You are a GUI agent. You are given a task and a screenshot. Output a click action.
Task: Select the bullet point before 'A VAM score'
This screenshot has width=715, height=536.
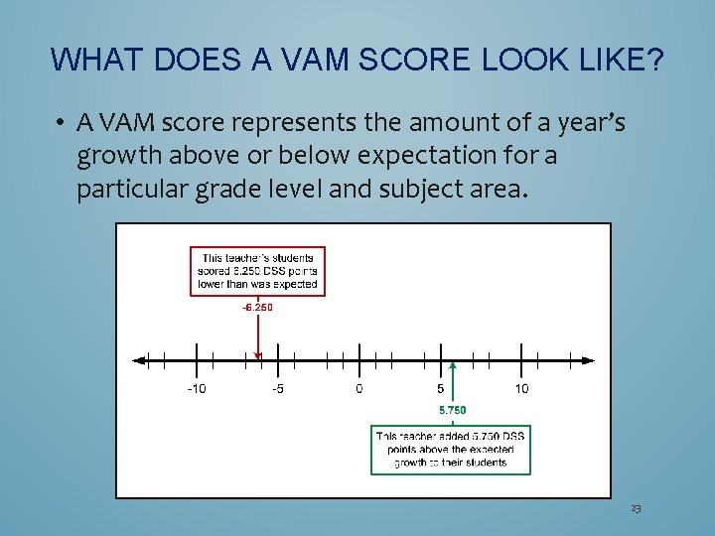pyautogui.click(x=61, y=124)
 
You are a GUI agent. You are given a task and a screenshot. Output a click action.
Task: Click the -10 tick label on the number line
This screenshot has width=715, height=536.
pyautogui.click(x=197, y=388)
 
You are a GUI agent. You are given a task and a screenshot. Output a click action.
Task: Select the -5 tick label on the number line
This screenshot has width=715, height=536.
pyautogui.click(x=278, y=388)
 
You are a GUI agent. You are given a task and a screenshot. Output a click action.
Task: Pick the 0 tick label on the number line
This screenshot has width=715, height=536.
pyautogui.click(x=359, y=388)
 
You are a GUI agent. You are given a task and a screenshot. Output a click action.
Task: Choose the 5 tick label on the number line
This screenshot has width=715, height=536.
pyautogui.click(x=441, y=388)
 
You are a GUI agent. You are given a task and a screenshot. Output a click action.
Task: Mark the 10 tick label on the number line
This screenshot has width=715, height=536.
pyautogui.click(x=522, y=388)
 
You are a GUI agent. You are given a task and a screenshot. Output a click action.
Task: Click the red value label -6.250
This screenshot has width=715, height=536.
pyautogui.click(x=257, y=307)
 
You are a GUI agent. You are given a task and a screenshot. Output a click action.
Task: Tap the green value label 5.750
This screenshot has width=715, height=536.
pyautogui.click(x=452, y=409)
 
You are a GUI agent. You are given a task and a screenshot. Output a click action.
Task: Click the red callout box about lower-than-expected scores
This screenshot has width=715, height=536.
pyautogui.click(x=258, y=271)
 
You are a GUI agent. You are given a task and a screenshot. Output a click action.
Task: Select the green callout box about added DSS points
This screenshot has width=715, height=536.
pyautogui.click(x=452, y=449)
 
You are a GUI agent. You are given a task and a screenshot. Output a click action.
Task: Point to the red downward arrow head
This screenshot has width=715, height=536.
pyautogui.click(x=258, y=354)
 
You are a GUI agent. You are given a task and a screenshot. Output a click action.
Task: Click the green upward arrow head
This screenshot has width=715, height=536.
pyautogui.click(x=453, y=366)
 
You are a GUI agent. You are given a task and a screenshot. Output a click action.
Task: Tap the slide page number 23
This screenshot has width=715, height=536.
pyautogui.click(x=636, y=508)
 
